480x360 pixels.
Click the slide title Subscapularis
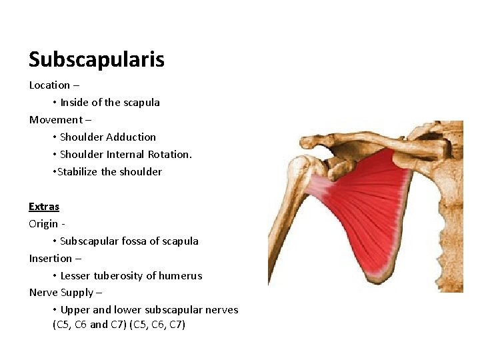point(96,60)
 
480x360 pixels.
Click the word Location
point(49,85)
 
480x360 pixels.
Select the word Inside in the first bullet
point(75,103)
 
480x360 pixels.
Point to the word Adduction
point(131,137)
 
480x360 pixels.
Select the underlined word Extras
point(44,207)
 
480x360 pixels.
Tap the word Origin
point(43,224)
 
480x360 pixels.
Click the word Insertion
point(51,259)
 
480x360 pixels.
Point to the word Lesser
point(76,276)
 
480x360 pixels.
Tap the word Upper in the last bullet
point(74,310)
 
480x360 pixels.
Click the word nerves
point(222,310)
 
